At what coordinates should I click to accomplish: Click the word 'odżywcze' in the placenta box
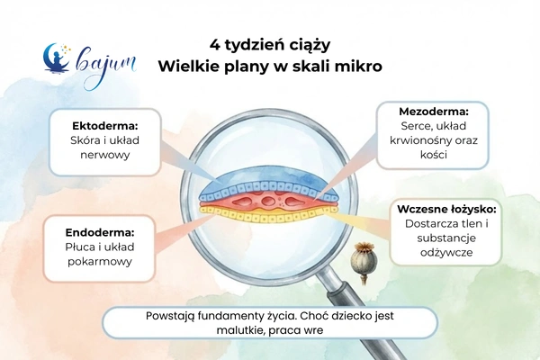pos(445,255)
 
